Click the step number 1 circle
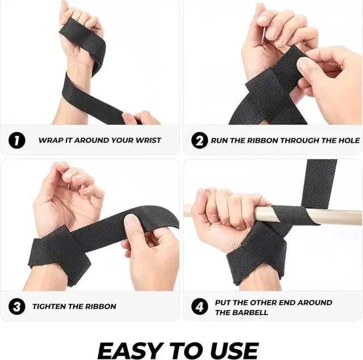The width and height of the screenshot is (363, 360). (18, 140)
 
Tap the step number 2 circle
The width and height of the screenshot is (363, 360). (199, 140)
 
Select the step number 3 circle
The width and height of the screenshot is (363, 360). (18, 307)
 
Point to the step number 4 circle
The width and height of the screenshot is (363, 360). (199, 307)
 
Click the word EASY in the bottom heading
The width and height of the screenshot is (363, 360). (126, 348)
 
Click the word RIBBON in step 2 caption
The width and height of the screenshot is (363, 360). (272, 140)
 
